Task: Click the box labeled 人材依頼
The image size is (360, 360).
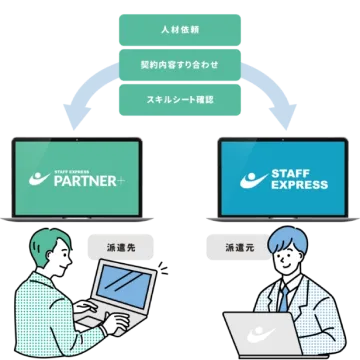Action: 180,31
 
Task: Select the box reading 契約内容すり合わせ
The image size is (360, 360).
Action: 180,65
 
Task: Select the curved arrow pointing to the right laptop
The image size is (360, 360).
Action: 275,95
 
